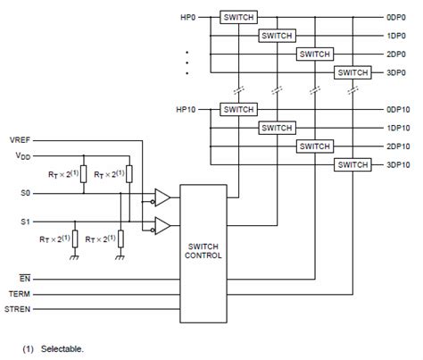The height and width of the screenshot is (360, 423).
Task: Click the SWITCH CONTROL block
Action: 203,254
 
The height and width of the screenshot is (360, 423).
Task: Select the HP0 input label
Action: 188,18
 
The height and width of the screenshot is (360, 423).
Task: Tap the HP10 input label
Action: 186,110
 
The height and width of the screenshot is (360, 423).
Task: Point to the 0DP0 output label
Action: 396,18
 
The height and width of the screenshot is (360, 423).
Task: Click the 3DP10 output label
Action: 398,165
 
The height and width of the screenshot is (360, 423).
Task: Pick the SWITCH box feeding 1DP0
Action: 277,36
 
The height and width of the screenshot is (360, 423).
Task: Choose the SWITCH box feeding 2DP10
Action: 315,147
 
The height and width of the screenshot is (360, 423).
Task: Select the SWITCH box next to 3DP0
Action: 352,72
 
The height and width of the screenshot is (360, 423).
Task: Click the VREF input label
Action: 20,140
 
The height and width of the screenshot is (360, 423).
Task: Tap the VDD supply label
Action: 23,155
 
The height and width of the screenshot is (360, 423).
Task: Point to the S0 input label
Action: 25,193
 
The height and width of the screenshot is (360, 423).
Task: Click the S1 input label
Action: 25,222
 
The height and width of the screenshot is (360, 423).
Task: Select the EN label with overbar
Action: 25,278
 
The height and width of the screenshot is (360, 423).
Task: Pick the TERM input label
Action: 20,294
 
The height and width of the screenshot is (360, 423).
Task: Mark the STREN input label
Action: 17,309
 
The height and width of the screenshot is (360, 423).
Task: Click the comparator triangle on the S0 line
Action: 162,197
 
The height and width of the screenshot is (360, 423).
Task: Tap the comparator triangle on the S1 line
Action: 162,226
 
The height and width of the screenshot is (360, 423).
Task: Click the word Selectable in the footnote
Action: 62,349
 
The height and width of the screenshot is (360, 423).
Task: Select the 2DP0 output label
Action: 396,54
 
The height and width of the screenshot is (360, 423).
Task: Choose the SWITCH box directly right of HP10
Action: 238,110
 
